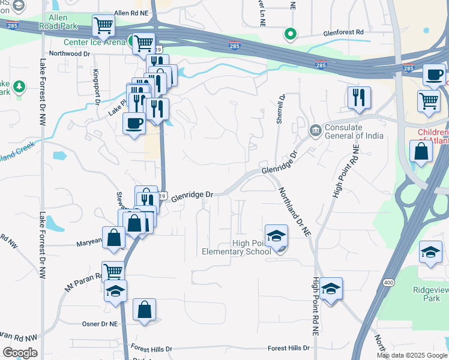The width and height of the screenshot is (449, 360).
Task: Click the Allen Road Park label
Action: pyautogui.click(x=55, y=22)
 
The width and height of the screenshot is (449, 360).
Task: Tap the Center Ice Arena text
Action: pyautogui.click(x=94, y=42)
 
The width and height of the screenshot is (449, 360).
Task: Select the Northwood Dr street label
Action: pyautogui.click(x=70, y=53)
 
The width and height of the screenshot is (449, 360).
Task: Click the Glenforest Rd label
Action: pyautogui.click(x=343, y=32)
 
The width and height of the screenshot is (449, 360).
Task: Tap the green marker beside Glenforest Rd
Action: pyautogui.click(x=290, y=34)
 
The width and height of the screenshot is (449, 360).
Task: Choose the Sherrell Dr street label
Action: pyautogui.click(x=280, y=109)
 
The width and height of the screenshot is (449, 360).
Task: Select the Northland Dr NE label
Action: pyautogui.click(x=295, y=211)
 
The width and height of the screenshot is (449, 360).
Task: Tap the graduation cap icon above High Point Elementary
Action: pyautogui.click(x=277, y=235)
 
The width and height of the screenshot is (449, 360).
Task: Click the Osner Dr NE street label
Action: pyautogui.click(x=100, y=324)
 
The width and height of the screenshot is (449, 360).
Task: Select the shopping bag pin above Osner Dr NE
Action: pyautogui.click(x=144, y=310)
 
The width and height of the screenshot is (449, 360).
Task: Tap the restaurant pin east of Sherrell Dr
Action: pyautogui.click(x=359, y=98)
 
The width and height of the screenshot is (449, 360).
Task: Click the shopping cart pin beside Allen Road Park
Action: pyautogui.click(x=104, y=26)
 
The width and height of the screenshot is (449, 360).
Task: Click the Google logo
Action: pyautogui.click(x=20, y=353)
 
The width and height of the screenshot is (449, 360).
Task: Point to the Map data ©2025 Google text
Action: pyautogui.click(x=412, y=355)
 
